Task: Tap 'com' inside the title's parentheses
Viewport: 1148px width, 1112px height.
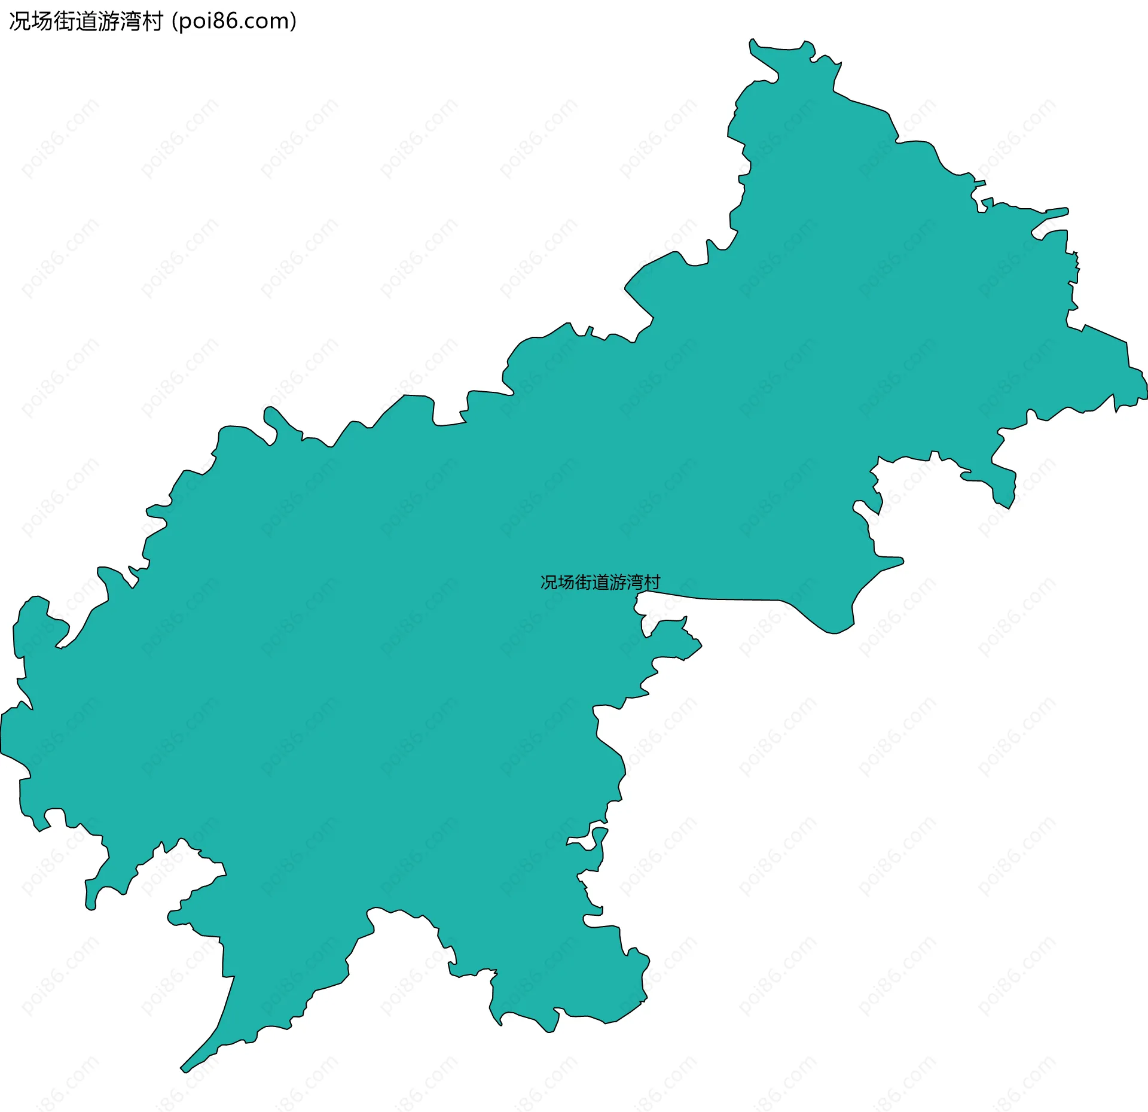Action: click(x=267, y=22)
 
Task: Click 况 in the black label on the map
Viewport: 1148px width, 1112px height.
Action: click(x=549, y=582)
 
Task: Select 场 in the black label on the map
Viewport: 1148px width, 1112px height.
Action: click(x=566, y=582)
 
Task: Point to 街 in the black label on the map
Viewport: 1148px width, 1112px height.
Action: click(x=584, y=582)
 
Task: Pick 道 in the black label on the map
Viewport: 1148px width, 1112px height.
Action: click(x=600, y=582)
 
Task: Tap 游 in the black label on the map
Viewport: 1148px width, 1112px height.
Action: click(x=618, y=582)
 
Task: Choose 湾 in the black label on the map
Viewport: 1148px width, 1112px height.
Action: click(x=635, y=582)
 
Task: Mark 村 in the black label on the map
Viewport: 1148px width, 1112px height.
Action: click(x=652, y=582)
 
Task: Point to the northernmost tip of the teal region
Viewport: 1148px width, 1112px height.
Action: click(x=752, y=40)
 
